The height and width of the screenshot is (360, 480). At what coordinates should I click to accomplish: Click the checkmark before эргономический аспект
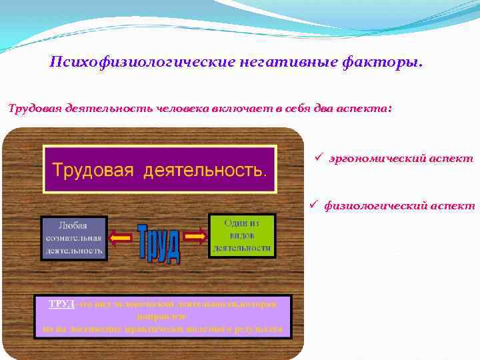click(319, 158)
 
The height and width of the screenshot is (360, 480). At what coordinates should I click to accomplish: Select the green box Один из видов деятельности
click(241, 235)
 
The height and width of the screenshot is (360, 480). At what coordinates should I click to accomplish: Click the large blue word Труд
click(159, 243)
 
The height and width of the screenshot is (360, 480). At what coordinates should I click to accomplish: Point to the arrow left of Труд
click(121, 235)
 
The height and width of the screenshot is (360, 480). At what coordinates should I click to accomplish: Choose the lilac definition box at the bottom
click(163, 317)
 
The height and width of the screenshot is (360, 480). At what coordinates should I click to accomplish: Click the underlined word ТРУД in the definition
click(61, 304)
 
